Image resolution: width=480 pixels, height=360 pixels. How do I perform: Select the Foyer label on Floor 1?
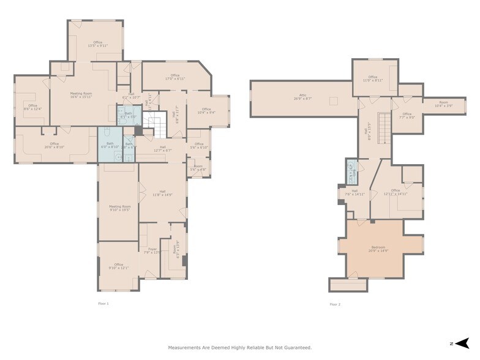[x=151, y=250]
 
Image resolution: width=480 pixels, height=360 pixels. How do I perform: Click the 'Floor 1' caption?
[x=103, y=304]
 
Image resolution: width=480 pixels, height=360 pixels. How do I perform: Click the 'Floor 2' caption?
[x=334, y=304]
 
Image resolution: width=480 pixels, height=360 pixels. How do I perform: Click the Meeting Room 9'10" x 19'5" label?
[x=119, y=208]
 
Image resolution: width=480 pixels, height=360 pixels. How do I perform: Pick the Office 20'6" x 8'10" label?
[x=54, y=145]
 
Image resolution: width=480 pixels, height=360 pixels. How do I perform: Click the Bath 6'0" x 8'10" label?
[x=110, y=145]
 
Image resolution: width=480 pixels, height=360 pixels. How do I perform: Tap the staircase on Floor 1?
[x=156, y=126]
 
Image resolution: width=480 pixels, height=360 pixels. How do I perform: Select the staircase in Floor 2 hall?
[x=384, y=126]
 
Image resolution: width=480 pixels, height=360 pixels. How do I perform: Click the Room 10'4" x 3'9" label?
[x=443, y=104]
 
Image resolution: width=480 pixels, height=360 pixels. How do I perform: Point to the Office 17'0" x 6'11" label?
[x=175, y=77]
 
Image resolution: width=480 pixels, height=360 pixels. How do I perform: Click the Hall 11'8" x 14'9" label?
[x=163, y=193]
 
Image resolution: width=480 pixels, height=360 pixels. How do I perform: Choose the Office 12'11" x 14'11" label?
[x=396, y=192]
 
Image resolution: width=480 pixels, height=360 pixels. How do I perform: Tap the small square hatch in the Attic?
[x=333, y=101]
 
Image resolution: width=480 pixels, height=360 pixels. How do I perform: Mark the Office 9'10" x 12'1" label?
[x=118, y=266]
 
